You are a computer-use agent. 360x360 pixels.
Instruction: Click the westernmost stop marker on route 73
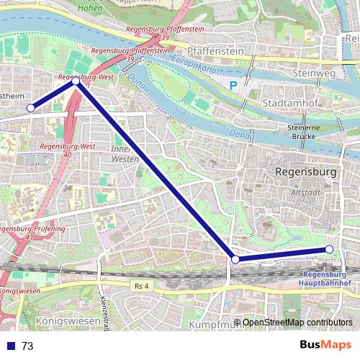pyautogui.click(x=30, y=108)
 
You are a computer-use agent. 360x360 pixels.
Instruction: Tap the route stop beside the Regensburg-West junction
pyautogui.click(x=76, y=82)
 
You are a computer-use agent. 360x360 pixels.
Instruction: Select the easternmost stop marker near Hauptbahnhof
pyautogui.click(x=329, y=249)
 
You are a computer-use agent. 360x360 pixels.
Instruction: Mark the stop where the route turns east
pyautogui.click(x=235, y=259)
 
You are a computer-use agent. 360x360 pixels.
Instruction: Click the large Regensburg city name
pyautogui.click(x=307, y=172)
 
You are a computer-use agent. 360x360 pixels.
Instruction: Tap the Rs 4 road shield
pyautogui.click(x=141, y=287)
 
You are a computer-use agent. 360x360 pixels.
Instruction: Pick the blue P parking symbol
pyautogui.click(x=233, y=86)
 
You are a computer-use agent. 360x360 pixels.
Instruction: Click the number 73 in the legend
pyautogui.click(x=27, y=346)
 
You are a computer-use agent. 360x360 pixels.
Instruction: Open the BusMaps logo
pyautogui.click(x=325, y=346)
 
